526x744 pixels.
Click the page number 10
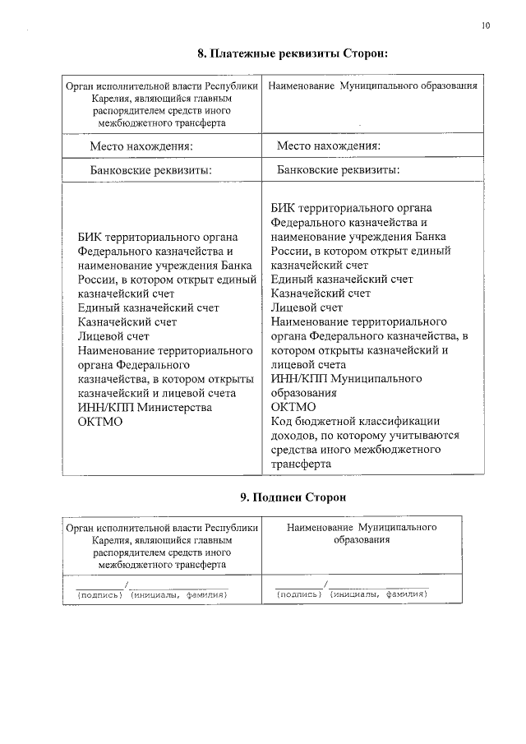(487, 26)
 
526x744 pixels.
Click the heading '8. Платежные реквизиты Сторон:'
(292, 54)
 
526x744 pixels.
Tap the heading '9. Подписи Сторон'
(293, 497)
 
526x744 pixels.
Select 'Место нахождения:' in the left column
(141, 146)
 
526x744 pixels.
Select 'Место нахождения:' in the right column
(328, 146)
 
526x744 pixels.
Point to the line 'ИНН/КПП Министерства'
(145, 407)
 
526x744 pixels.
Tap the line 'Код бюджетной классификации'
(355, 421)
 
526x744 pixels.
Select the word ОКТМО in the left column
(100, 421)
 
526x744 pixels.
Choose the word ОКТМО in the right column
(293, 407)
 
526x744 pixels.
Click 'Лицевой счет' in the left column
(114, 335)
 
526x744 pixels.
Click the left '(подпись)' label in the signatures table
(99, 594)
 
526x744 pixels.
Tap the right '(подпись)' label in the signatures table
(299, 594)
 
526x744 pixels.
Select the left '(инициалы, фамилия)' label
(178, 594)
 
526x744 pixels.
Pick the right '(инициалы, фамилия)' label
(379, 594)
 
